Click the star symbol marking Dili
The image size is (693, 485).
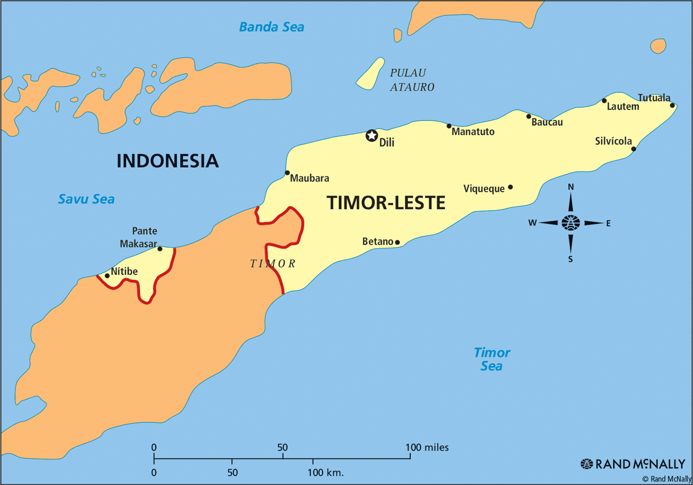pos(372,136)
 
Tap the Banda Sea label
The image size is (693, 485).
pos(272,27)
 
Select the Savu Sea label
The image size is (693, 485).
pos(86,199)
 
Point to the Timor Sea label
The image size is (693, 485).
pos(492,359)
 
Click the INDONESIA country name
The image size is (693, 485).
pos(168,161)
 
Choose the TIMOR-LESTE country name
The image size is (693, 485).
pos(386,203)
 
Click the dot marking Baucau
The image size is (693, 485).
pos(528,116)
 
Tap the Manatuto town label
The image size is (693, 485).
pos(473,132)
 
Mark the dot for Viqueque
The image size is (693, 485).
pos(510,187)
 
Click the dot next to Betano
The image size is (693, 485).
pos(397,242)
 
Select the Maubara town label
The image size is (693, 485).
pos(309,178)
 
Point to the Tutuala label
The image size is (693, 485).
pos(654,98)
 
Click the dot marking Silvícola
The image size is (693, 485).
pos(633,149)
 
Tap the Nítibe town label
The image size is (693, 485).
pos(124,271)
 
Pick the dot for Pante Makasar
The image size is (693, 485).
pos(160,249)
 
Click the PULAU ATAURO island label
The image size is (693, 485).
pos(411,80)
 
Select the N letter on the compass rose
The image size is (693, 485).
pos(571,187)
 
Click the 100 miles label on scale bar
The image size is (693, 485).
pos(427,447)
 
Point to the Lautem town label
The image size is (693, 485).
pos(623,107)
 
